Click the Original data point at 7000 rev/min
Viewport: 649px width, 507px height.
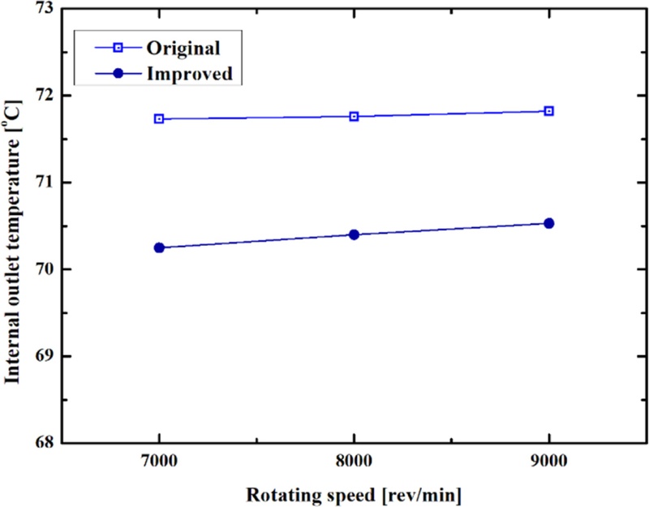pyautogui.click(x=159, y=118)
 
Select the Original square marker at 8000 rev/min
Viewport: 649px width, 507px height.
pyautogui.click(x=354, y=116)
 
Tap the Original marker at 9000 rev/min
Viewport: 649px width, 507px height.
pyautogui.click(x=549, y=110)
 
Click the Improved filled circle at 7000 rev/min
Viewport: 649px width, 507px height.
pyautogui.click(x=159, y=247)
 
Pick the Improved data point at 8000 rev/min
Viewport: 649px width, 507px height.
pyautogui.click(x=354, y=234)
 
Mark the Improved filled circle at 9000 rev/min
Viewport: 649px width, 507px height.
pyautogui.click(x=549, y=223)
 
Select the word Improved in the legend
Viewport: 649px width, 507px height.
pyautogui.click(x=189, y=72)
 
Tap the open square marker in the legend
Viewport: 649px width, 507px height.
pyautogui.click(x=118, y=46)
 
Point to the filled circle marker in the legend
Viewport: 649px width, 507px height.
pyautogui.click(x=118, y=72)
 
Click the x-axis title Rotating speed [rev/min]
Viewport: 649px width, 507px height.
pyautogui.click(x=354, y=492)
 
